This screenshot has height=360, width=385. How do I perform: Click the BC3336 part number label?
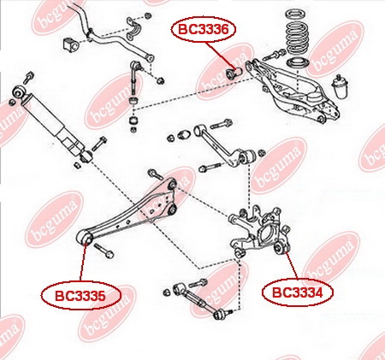[204, 29]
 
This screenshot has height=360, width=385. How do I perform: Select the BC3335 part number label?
[81, 296]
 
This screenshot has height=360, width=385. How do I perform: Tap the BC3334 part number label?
[298, 292]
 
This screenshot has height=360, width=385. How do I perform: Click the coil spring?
[297, 32]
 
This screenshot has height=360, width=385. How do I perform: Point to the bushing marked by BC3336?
[234, 72]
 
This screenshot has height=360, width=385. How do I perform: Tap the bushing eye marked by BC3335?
[85, 237]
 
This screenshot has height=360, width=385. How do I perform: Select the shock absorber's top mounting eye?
[19, 92]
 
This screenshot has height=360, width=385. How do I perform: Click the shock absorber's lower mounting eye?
[86, 156]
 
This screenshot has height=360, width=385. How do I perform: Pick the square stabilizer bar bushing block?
[70, 44]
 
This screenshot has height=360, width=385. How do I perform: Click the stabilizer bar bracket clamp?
[134, 29]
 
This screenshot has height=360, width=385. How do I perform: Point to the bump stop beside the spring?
[339, 87]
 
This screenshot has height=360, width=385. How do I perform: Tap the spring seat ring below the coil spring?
[298, 63]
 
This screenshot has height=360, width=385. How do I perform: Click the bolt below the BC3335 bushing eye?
[104, 251]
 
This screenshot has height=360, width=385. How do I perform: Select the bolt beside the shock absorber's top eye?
[28, 77]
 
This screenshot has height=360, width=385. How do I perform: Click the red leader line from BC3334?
[292, 266]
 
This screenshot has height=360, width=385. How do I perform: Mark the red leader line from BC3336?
[222, 55]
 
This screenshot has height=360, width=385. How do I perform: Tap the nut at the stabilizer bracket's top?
[147, 15]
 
